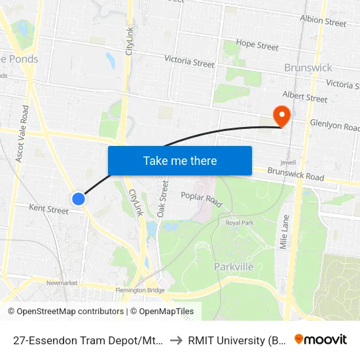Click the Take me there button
180,160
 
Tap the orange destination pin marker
283,117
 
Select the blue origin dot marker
78,198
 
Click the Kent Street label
48,210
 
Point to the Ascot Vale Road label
25,134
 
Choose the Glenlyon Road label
334,124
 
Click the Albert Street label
304,98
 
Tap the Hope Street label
257,45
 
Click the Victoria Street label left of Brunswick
189,62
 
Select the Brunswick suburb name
308,67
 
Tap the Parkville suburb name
234,266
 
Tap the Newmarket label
62,283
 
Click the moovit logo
320,339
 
